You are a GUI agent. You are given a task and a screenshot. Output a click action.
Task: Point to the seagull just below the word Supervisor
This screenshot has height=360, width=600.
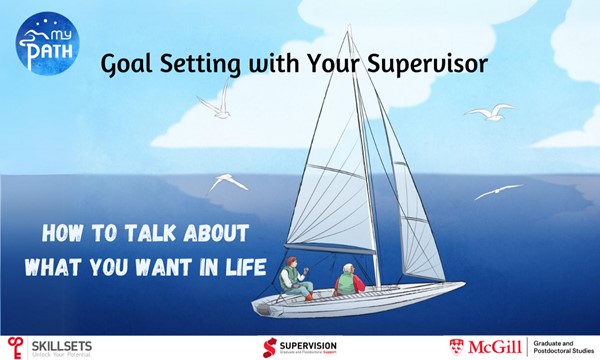[x=492, y=114]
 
